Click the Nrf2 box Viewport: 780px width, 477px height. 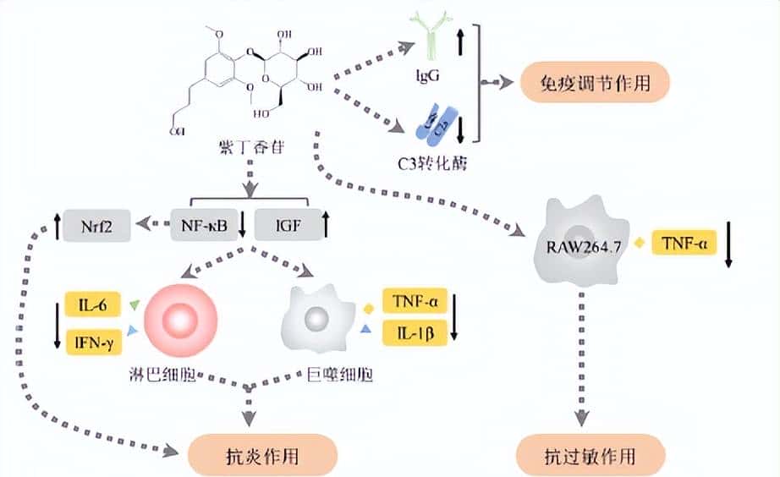point(100,226)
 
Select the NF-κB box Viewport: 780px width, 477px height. point(202,226)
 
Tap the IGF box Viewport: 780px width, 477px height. point(283,226)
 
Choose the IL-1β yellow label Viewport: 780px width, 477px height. point(415,332)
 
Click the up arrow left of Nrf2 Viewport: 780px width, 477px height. point(56,226)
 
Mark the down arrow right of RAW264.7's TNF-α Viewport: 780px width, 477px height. point(729,246)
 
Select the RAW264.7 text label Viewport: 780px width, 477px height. point(580,246)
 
